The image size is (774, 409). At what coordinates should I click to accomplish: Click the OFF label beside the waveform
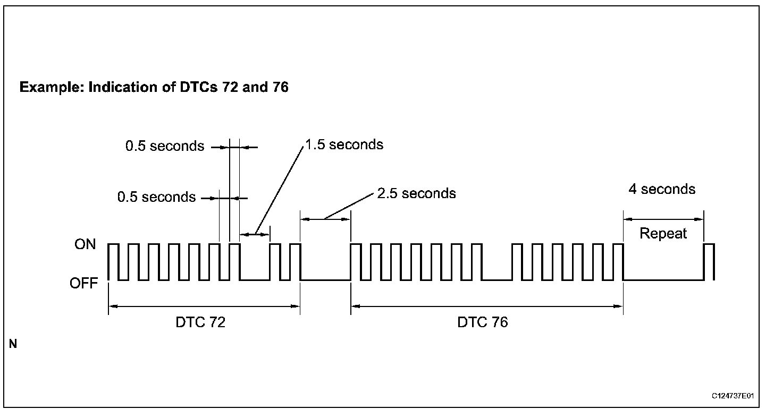(84, 284)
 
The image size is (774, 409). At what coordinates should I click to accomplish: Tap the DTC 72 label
(200, 322)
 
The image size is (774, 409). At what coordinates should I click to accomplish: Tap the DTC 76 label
(483, 322)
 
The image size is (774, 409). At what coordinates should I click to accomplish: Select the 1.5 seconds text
(344, 145)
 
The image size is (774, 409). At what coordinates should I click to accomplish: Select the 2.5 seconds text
(416, 193)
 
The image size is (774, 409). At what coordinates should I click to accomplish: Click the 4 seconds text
(662, 189)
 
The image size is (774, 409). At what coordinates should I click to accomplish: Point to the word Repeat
(663, 234)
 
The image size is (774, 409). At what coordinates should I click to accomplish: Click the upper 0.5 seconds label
(165, 146)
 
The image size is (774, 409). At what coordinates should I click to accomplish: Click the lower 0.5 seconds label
(157, 197)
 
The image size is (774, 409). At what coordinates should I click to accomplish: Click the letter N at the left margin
(13, 345)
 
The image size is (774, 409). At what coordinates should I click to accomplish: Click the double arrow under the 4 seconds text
(663, 219)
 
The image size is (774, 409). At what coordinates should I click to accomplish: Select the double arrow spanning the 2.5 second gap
(325, 218)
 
